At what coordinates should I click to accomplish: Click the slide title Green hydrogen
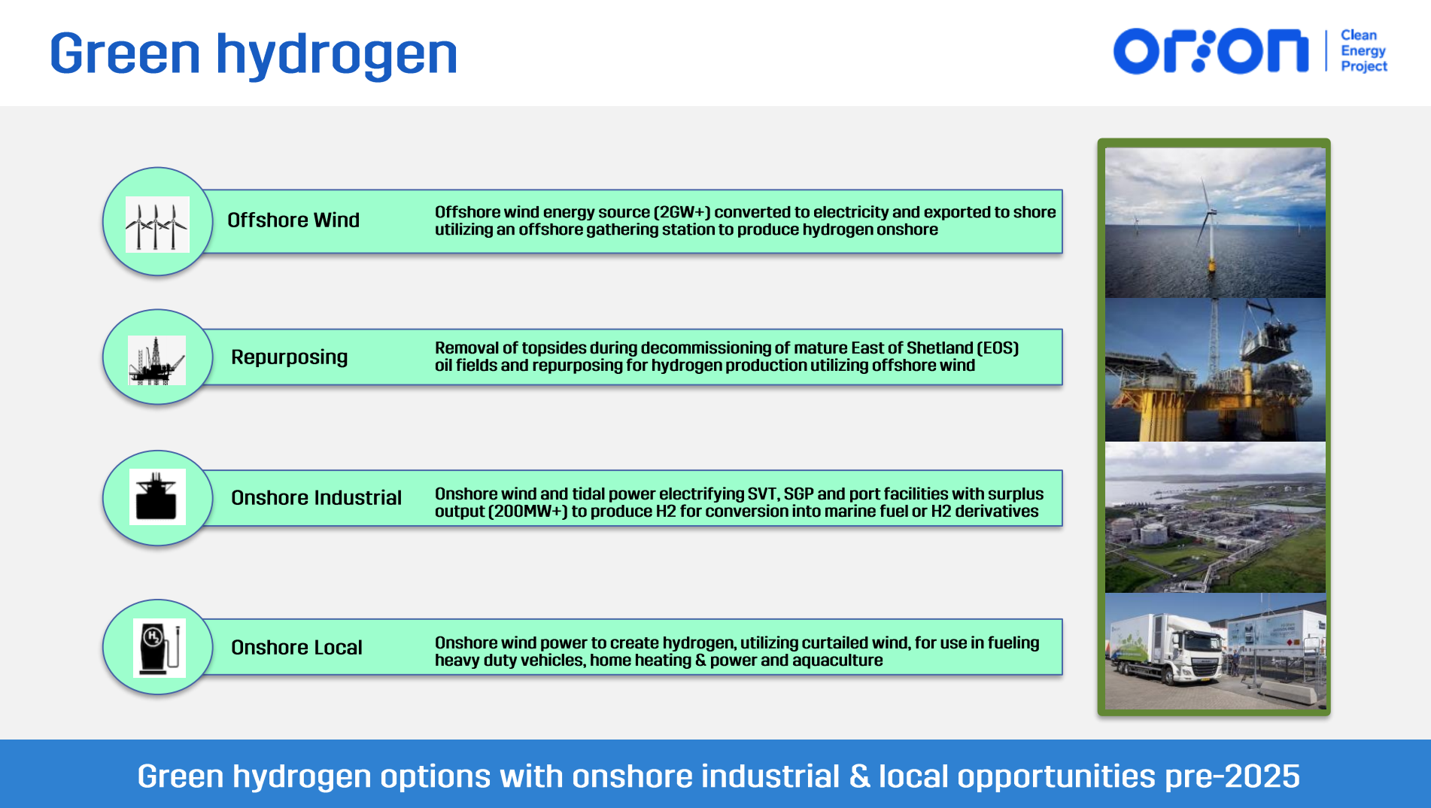(254, 54)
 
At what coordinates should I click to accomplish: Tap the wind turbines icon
(156, 224)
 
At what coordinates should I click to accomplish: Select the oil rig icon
(156, 360)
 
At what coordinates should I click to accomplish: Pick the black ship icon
(157, 497)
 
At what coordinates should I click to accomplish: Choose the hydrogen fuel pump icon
(160, 648)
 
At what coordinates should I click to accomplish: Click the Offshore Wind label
(293, 220)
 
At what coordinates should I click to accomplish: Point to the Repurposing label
(290, 357)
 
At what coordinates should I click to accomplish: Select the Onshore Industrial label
(317, 497)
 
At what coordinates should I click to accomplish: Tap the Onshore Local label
(297, 647)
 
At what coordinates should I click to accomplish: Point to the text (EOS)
(998, 348)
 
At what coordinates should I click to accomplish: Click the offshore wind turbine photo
(1215, 223)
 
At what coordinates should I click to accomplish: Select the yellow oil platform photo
(1215, 369)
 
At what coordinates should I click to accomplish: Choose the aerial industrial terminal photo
(1215, 517)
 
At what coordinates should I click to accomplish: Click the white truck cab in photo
(1196, 656)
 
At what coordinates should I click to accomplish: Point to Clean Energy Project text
(1363, 50)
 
